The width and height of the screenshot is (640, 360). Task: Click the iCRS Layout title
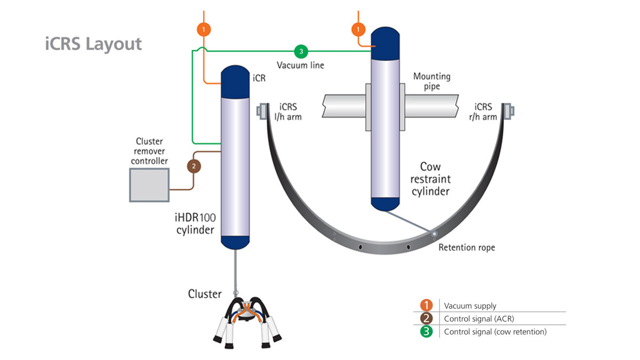pos(93,43)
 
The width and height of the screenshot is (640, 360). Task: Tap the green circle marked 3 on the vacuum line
pos(301,52)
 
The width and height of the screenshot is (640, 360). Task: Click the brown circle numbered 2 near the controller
pos(194,166)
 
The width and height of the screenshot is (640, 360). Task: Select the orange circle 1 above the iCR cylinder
pos(204,28)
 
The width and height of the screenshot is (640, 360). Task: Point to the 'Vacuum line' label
pos(300,65)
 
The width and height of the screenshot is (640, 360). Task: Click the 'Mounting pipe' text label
pos(431,81)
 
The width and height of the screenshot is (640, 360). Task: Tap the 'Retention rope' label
pos(466,247)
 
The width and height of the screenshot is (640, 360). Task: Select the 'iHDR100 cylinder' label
pos(194,225)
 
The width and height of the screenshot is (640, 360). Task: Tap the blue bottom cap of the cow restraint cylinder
pos(385,203)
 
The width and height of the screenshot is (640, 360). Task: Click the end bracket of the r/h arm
pos(508,110)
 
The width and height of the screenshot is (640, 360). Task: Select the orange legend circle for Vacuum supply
pos(426,306)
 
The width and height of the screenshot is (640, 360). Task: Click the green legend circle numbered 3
pos(426,331)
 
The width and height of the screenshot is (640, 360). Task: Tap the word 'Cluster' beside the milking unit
pos(204,294)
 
